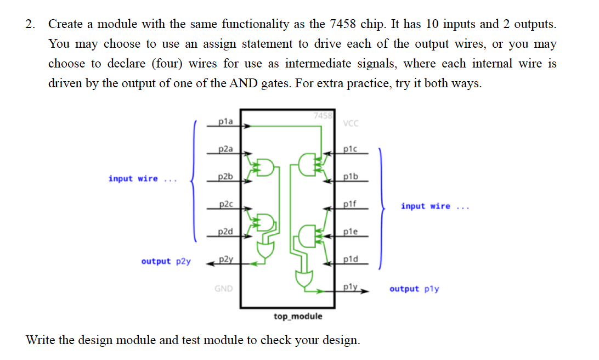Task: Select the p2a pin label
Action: tap(225, 149)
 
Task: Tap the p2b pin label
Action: tap(225, 176)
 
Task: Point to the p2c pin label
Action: tap(225, 204)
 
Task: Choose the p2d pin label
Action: tap(225, 231)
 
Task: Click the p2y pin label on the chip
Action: tap(225, 259)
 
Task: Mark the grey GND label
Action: tap(223, 288)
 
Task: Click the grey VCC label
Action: tap(351, 123)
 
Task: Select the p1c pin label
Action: tap(351, 149)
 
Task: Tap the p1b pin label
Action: tap(351, 176)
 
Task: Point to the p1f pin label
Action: tap(351, 204)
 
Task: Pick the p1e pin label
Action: tap(351, 231)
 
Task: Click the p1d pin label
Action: tap(351, 259)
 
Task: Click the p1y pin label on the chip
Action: tap(351, 286)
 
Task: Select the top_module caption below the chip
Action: tap(298, 317)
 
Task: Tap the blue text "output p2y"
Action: tap(166, 261)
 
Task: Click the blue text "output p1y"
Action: tap(414, 289)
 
